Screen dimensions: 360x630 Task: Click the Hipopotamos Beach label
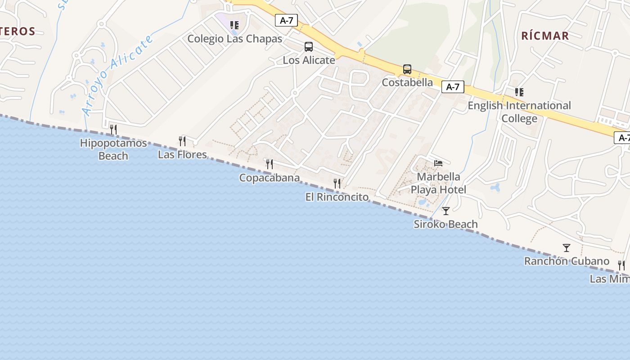(113, 149)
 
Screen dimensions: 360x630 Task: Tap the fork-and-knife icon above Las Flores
(182, 141)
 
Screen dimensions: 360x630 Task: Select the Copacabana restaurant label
(270, 178)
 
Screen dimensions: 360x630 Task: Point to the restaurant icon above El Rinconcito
(337, 184)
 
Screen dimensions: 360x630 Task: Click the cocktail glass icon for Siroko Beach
(446, 211)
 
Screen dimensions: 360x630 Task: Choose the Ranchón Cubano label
(567, 261)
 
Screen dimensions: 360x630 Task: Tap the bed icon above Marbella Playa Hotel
(438, 163)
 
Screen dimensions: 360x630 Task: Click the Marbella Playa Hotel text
(438, 183)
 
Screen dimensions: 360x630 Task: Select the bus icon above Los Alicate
(309, 47)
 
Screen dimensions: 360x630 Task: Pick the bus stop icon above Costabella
(407, 69)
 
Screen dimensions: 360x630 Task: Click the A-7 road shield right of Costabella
(453, 87)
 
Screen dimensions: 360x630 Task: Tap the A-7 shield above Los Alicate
(287, 20)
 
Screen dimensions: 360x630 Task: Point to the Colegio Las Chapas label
(235, 39)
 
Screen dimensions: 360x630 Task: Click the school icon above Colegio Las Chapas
(234, 25)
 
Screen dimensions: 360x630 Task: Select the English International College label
(519, 112)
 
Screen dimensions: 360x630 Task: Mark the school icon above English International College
(519, 92)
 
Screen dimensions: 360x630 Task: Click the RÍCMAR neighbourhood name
(545, 36)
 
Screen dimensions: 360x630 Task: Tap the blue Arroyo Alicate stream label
(118, 76)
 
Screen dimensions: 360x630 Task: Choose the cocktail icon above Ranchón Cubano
(567, 248)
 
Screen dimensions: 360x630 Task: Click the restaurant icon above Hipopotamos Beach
(113, 130)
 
